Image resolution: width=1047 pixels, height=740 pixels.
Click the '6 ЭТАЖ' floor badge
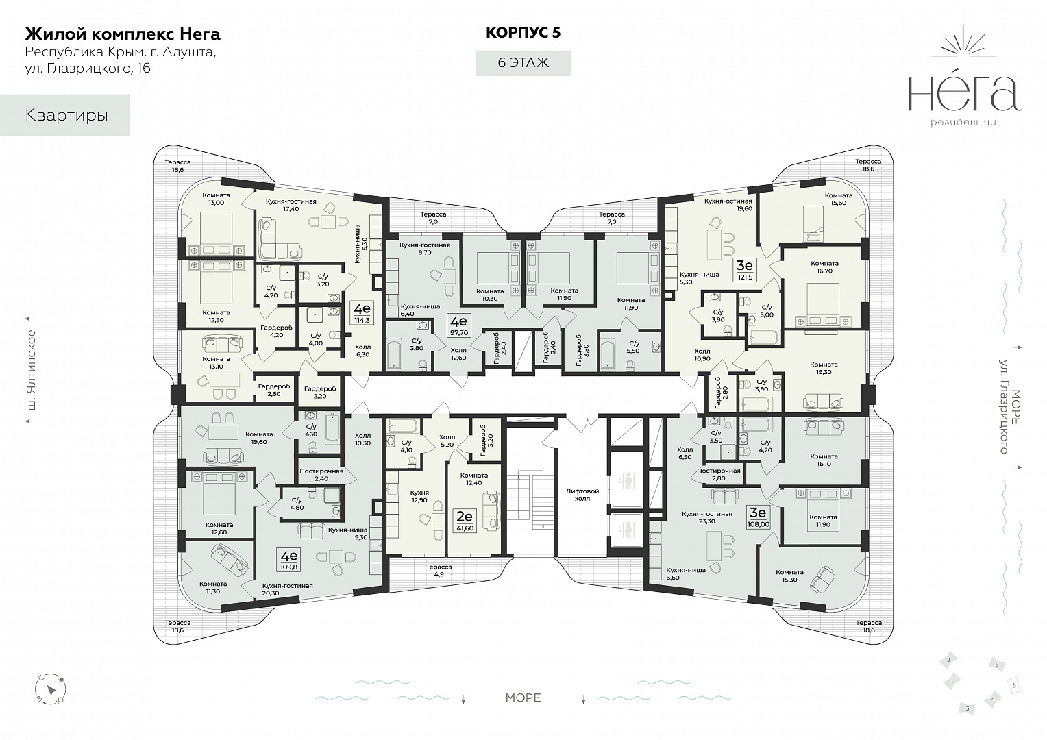click(x=523, y=63)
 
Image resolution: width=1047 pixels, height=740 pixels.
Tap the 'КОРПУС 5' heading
click(x=523, y=32)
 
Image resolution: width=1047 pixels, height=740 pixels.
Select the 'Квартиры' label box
click(x=66, y=115)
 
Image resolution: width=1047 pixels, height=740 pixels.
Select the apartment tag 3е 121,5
click(x=745, y=271)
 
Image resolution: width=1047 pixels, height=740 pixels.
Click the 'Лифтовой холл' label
click(x=582, y=495)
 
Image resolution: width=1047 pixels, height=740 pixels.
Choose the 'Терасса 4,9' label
click(x=439, y=571)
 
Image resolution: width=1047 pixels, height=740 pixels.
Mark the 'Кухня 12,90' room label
click(x=419, y=496)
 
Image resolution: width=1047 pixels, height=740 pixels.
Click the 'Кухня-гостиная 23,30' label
click(x=706, y=517)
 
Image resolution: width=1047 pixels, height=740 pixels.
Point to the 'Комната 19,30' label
click(x=824, y=368)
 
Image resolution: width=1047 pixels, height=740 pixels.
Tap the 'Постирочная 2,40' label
click(x=321, y=476)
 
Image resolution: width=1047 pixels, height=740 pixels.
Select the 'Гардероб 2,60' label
click(x=273, y=390)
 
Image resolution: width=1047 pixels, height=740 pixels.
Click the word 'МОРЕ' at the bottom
click(x=523, y=698)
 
